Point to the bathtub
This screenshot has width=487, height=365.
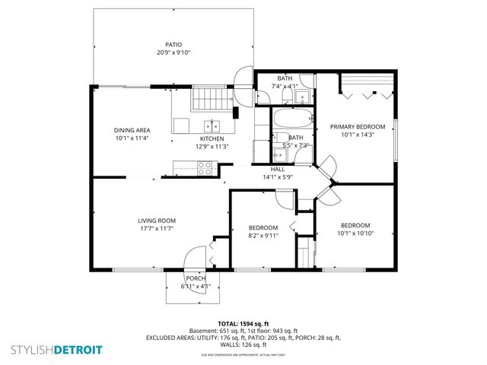click(292, 120)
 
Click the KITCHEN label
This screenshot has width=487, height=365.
click(212, 138)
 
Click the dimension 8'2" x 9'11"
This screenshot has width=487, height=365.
click(263, 236)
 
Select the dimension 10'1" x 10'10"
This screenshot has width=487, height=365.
click(355, 233)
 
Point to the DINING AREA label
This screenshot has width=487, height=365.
click(132, 130)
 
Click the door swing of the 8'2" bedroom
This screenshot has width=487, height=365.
click(285, 199)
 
